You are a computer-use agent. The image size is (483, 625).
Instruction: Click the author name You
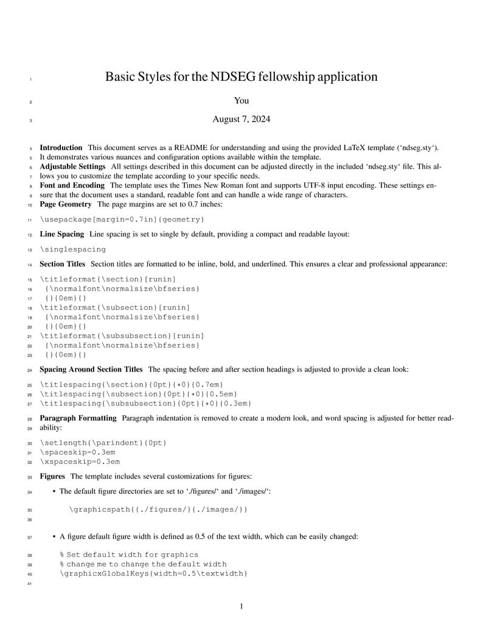pyautogui.click(x=241, y=101)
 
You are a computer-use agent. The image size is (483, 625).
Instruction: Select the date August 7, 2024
pyautogui.click(x=241, y=119)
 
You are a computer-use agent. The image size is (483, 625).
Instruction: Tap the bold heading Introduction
pyautogui.click(x=61, y=148)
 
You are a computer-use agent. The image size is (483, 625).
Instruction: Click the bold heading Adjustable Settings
pyautogui.click(x=72, y=167)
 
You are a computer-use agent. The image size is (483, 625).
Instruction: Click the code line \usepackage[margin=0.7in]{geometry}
pyautogui.click(x=122, y=219)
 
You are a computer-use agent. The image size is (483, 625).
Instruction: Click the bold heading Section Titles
pyautogui.click(x=62, y=264)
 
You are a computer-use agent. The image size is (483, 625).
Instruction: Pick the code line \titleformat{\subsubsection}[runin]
pyautogui.click(x=122, y=336)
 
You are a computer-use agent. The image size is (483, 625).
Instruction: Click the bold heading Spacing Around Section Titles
pyautogui.click(x=91, y=369)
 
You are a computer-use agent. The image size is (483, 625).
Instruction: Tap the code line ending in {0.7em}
pyautogui.click(x=132, y=384)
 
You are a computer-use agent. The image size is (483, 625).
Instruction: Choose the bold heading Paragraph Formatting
pyautogui.click(x=78, y=418)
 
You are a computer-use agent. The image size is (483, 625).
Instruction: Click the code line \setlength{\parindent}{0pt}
pyautogui.click(x=103, y=442)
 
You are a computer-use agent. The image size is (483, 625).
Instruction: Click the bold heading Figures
pyautogui.click(x=52, y=476)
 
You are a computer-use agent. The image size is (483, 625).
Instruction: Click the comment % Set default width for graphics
pyautogui.click(x=129, y=554)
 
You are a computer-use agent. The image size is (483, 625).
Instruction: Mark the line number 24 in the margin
pyautogui.click(x=30, y=370)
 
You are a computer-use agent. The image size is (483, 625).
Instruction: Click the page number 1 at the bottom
pyautogui.click(x=241, y=606)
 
